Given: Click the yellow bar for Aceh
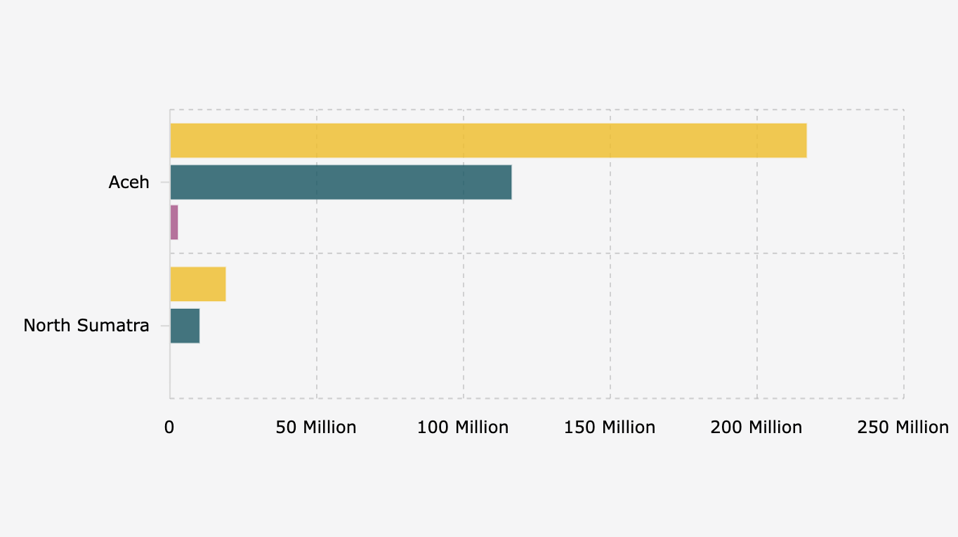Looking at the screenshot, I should click(x=488, y=140).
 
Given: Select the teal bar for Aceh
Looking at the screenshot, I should click(x=341, y=183).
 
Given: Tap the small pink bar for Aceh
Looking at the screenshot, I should click(x=174, y=223).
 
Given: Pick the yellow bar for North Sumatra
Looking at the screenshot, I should click(x=198, y=284).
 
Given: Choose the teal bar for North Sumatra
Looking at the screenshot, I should click(x=185, y=326).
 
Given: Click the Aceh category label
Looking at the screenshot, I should click(x=129, y=183).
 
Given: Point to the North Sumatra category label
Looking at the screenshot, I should click(x=86, y=326).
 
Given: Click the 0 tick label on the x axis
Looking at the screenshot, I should click(x=169, y=427).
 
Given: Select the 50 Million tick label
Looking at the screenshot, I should click(x=316, y=427).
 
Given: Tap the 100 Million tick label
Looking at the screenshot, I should click(x=463, y=427).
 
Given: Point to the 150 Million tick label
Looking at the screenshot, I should click(x=610, y=427).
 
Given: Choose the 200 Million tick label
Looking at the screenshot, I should click(x=756, y=427).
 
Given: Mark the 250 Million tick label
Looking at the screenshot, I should click(x=903, y=427).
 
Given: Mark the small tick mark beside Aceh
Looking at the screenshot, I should click(x=164, y=183).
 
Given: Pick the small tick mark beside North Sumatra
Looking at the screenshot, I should click(x=164, y=326).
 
